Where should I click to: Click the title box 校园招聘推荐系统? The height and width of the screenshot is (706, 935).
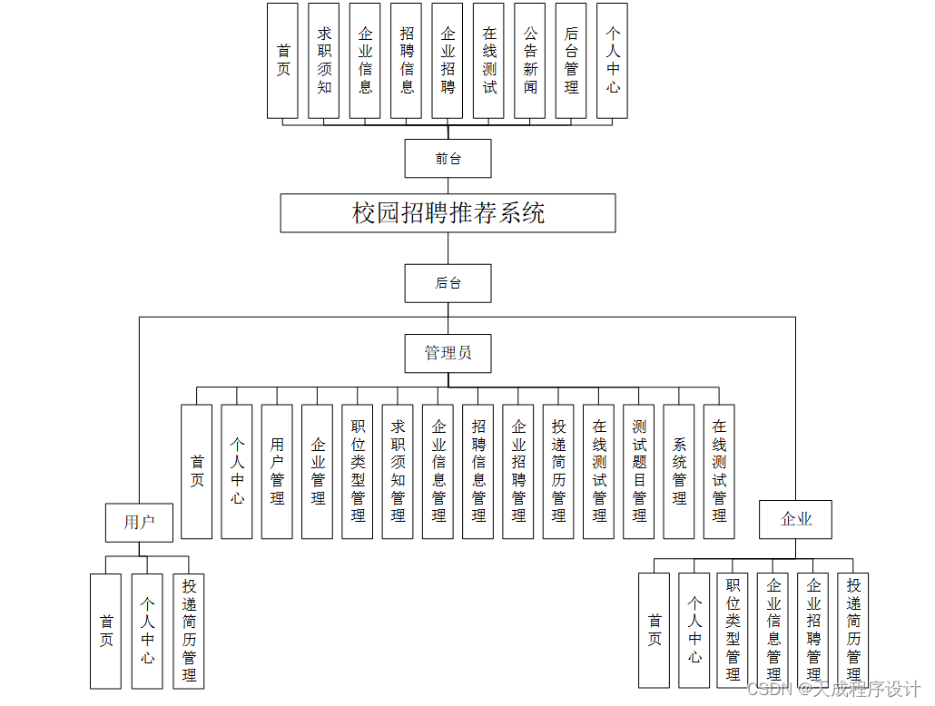pos(448,213)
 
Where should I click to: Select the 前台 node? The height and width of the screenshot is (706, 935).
pos(448,159)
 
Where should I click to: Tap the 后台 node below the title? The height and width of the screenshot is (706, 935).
pos(448,283)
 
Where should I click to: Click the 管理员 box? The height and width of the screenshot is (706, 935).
pos(448,353)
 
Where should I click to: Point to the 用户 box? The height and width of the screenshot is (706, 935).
pos(139,522)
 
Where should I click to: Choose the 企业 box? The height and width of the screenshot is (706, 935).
pos(795,520)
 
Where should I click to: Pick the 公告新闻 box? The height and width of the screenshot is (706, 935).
pos(530,61)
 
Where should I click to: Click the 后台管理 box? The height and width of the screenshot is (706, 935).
pos(571,61)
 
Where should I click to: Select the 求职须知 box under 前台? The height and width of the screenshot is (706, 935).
pos(324,61)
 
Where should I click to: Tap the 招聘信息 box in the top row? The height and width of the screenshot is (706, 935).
pos(407,61)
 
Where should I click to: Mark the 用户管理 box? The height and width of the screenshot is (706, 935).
pos(277,472)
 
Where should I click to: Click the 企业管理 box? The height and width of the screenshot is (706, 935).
pos(318,472)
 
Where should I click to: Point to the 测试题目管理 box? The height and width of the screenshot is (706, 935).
pos(639,472)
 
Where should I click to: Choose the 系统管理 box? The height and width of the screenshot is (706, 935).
pos(679,472)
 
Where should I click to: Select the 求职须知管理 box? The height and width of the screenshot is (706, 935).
pos(398,472)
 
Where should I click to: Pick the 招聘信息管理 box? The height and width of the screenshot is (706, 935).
pos(478,472)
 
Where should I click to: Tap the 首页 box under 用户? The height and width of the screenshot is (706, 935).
pos(106,631)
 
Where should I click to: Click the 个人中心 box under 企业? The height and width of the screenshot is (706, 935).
pos(694,631)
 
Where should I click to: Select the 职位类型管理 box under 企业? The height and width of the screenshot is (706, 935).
pos(733,631)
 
